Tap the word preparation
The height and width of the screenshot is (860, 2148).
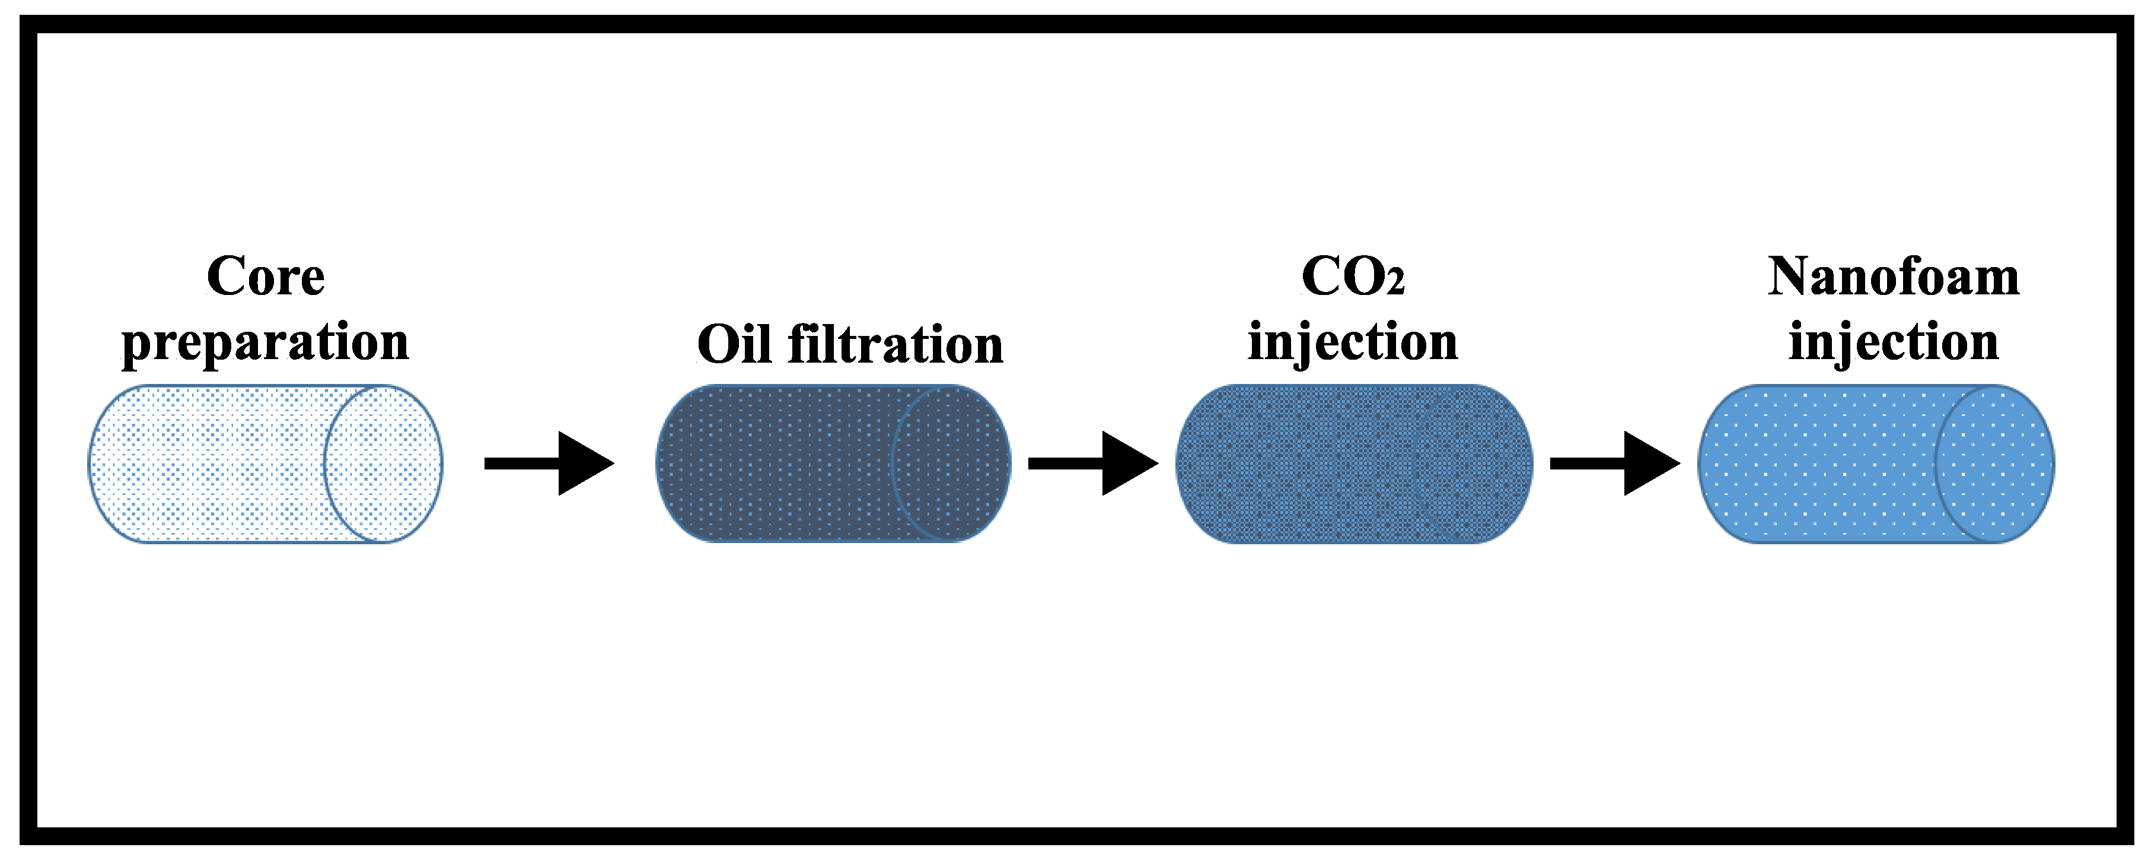tap(265, 342)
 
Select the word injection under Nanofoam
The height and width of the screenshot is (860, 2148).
tap(1893, 342)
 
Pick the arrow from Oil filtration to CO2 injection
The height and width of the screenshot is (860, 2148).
tap(1092, 463)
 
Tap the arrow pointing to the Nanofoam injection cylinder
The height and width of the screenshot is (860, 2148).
tap(1614, 463)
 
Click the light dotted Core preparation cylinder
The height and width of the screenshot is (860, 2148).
tap(209, 463)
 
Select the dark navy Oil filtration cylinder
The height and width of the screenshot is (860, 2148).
tap(776, 463)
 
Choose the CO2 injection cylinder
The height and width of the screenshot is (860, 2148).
tap(1353, 463)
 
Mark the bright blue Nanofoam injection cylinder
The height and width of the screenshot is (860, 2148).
tap(1818, 463)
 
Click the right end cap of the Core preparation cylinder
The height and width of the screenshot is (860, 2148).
tap(384, 463)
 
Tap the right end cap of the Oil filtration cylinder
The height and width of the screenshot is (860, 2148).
tap(951, 463)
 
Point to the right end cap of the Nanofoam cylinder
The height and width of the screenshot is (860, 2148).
tap(1994, 463)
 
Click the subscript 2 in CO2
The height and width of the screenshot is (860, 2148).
tap(1395, 285)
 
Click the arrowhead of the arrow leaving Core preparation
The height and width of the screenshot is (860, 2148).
tap(584, 463)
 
